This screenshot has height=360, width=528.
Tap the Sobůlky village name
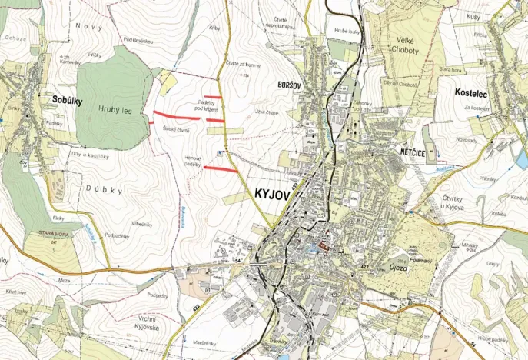coord(68,100)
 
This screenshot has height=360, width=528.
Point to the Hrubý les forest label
coord(115,111)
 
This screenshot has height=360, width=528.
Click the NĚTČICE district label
coord(413,153)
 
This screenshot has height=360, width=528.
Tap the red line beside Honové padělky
coord(220,168)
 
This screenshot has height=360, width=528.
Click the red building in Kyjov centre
coord(324,246)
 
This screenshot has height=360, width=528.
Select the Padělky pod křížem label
coord(206,105)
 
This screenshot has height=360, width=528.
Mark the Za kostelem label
coord(476,109)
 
